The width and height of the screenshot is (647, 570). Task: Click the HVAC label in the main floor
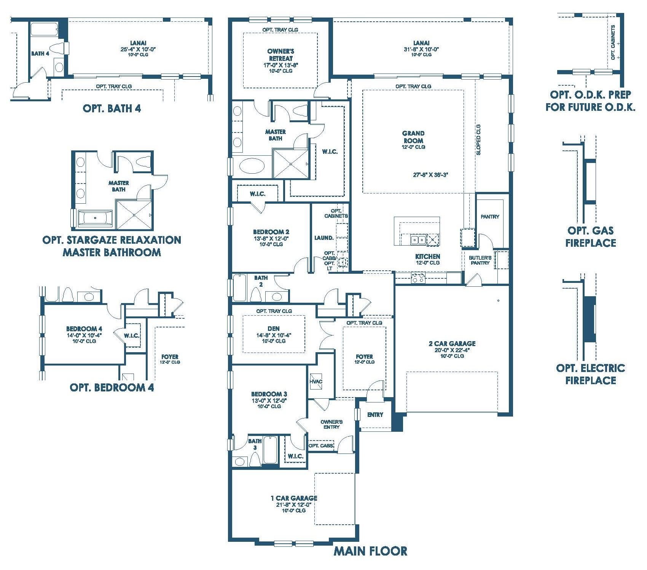tap(316, 382)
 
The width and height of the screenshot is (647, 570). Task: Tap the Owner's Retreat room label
tap(280, 55)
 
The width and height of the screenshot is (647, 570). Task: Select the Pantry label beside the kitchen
tap(489, 217)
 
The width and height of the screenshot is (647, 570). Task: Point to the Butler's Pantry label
tap(480, 260)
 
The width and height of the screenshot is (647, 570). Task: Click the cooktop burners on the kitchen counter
tap(418, 278)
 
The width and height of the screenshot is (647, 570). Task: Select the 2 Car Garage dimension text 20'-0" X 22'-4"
tap(452, 350)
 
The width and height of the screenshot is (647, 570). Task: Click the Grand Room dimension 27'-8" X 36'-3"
tap(430, 175)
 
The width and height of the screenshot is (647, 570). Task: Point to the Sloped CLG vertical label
tap(478, 139)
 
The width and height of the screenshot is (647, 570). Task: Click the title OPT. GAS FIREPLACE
tap(590, 236)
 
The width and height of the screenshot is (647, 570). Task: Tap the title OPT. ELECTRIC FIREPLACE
tap(590, 374)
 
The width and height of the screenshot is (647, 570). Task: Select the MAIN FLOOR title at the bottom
tap(370, 551)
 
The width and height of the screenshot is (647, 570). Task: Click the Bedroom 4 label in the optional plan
tap(84, 329)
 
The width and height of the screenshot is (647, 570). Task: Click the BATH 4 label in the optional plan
tap(40, 54)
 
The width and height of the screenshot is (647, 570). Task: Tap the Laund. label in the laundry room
tap(324, 238)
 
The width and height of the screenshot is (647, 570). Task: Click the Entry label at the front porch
tap(375, 415)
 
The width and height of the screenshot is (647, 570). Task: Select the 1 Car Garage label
tap(294, 498)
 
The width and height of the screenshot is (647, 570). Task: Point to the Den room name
tap(274, 328)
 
